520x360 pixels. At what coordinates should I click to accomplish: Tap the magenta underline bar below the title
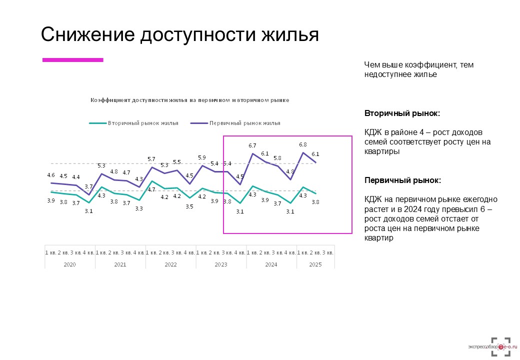72,60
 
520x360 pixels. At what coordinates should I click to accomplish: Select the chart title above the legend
189,100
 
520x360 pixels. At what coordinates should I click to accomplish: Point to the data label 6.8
302,144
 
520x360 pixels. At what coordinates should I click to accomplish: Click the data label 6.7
252,145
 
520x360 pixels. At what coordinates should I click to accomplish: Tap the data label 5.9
202,157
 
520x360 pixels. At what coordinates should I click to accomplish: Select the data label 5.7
151,159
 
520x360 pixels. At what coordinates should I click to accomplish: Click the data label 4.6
51,175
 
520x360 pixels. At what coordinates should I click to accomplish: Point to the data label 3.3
139,208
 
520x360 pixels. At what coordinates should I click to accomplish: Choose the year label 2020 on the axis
70,264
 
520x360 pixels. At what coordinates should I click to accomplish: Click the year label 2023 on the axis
221,264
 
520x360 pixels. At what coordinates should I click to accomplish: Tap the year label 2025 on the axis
315,264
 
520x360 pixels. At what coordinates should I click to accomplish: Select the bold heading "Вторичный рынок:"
402,113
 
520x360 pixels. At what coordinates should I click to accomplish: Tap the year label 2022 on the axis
170,264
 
